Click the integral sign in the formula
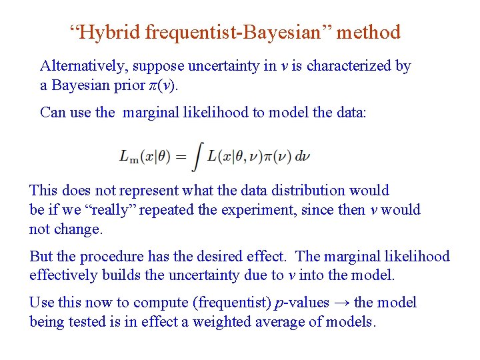tap(198, 157)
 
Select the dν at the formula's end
tap(303, 156)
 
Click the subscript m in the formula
tap(133, 159)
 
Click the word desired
tap(237, 256)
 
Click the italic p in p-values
tap(278, 303)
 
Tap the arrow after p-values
tap(341, 303)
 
